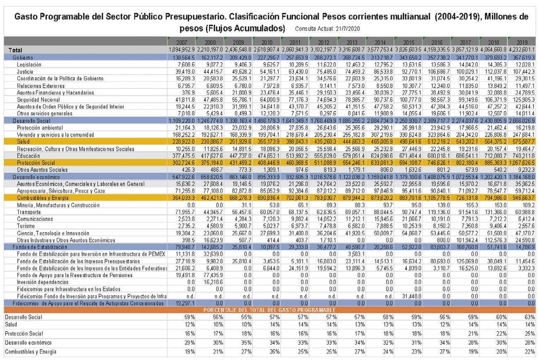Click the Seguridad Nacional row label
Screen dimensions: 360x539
pos(36,100)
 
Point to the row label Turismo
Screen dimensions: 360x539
pos(26,226)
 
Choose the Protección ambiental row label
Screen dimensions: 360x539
pos(40,128)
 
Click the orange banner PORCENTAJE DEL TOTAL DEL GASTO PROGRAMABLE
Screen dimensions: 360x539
pos(269,310)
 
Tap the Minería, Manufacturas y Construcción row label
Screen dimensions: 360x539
pos(58,205)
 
